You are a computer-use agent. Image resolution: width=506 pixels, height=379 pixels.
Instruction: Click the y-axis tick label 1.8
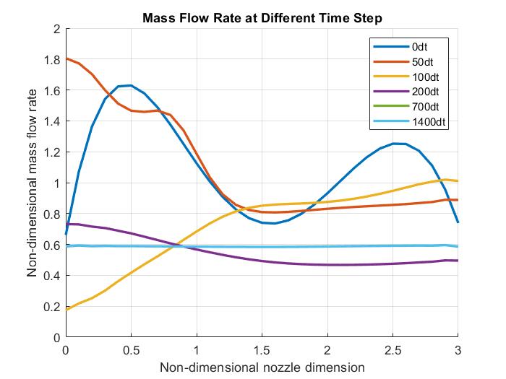[x=51, y=60]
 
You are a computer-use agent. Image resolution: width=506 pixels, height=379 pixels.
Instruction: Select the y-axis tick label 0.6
[x=51, y=245]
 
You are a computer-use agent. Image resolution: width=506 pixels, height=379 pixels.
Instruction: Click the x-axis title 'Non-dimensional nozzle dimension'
[x=262, y=367]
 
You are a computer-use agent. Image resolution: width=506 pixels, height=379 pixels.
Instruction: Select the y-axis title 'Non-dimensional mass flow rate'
[x=33, y=183]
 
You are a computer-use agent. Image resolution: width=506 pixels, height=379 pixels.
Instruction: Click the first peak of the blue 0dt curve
[x=130, y=85]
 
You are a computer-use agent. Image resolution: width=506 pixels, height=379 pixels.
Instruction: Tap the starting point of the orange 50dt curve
[x=66, y=58]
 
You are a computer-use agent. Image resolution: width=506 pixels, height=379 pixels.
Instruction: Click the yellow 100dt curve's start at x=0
[x=66, y=309]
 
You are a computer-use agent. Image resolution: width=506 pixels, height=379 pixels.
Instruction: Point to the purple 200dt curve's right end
[x=458, y=261]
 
